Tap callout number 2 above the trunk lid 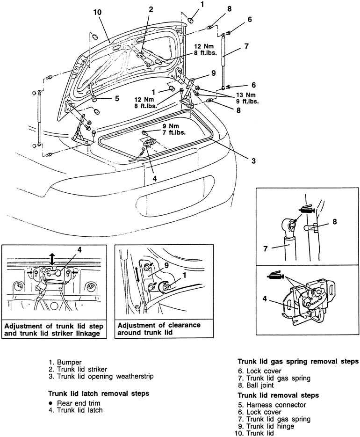coord(151,9)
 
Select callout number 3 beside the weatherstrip coord(253,161)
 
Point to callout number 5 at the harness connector coord(117,99)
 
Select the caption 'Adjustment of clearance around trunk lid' coord(159,328)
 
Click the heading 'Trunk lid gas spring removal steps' coord(298,361)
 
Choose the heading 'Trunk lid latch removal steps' coord(99,393)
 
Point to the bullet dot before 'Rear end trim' coord(50,403)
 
